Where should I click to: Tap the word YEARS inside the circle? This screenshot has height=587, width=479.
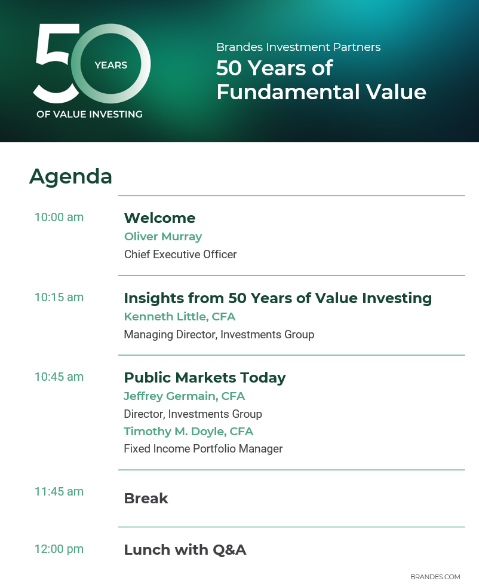click(110, 65)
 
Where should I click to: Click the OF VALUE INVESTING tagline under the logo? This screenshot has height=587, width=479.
click(90, 114)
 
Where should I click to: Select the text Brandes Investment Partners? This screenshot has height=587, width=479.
click(298, 47)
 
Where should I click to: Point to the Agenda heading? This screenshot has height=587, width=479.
click(70, 176)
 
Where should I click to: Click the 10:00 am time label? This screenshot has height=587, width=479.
click(59, 217)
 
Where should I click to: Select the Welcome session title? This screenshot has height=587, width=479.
click(159, 218)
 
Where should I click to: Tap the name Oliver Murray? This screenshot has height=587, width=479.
click(163, 237)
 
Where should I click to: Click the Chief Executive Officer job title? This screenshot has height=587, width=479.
click(180, 255)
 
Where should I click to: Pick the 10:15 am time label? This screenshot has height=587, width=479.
click(59, 297)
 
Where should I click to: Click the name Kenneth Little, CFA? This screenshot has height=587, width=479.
click(180, 317)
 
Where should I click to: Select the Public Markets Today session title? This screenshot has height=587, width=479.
click(205, 378)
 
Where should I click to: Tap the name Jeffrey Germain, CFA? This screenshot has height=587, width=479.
click(184, 396)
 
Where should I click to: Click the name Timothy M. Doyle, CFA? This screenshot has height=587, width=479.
click(188, 432)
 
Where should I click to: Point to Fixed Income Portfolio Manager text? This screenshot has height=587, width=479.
click(203, 449)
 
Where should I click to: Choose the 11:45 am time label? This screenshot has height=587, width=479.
click(59, 491)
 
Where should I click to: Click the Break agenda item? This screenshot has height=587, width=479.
click(146, 499)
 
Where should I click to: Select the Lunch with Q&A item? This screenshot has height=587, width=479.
click(185, 550)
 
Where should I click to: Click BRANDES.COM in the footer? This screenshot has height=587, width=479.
click(435, 577)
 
